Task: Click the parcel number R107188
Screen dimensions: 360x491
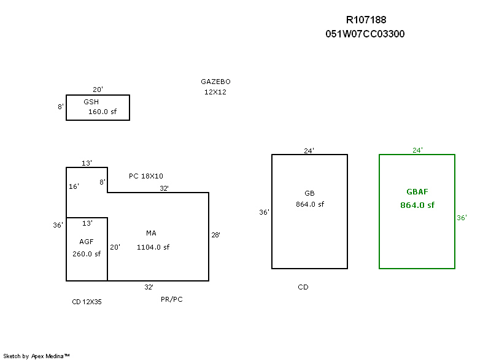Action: point(366,20)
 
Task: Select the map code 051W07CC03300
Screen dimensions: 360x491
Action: point(365,34)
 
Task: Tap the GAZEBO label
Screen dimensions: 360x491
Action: point(215,82)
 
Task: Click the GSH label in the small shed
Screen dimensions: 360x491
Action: point(91,102)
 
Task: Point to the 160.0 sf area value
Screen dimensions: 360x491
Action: point(102,112)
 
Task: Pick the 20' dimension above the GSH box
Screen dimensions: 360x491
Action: point(98,90)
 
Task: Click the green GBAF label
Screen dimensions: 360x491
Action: point(417,192)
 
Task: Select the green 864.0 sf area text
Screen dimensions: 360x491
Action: point(417,205)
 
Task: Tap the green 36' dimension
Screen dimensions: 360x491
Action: point(462,218)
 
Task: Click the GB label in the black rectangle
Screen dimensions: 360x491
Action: point(309,193)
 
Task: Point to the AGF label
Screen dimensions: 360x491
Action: point(87,242)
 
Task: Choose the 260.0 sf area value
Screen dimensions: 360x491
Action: point(87,254)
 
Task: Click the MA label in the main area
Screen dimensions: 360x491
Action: point(151,233)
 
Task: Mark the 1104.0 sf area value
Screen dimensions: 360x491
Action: point(153,247)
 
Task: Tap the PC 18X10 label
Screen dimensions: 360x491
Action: point(146,176)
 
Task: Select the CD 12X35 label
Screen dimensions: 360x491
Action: point(87,302)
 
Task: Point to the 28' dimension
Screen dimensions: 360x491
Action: point(216,235)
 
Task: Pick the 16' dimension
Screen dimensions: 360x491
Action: point(74,186)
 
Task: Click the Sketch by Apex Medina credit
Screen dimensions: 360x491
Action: point(36,356)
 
